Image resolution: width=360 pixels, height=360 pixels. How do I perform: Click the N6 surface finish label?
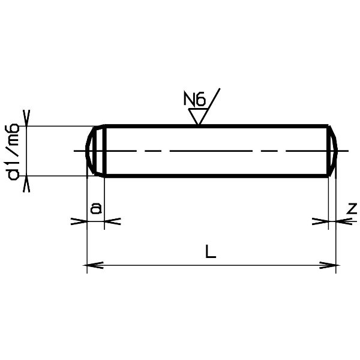pyautogui.click(x=194, y=98)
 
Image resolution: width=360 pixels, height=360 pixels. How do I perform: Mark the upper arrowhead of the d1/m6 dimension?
pyautogui.click(x=26, y=116)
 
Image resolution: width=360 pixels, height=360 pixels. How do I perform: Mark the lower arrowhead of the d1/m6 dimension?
pyautogui.click(x=26, y=185)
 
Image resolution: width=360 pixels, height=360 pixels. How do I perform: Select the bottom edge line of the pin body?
pyautogui.click(x=216, y=176)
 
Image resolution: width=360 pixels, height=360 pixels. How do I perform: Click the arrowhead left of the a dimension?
pyautogui.click(x=78, y=221)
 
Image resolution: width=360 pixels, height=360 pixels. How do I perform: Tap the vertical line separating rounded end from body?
pyautogui.click(x=106, y=151)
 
